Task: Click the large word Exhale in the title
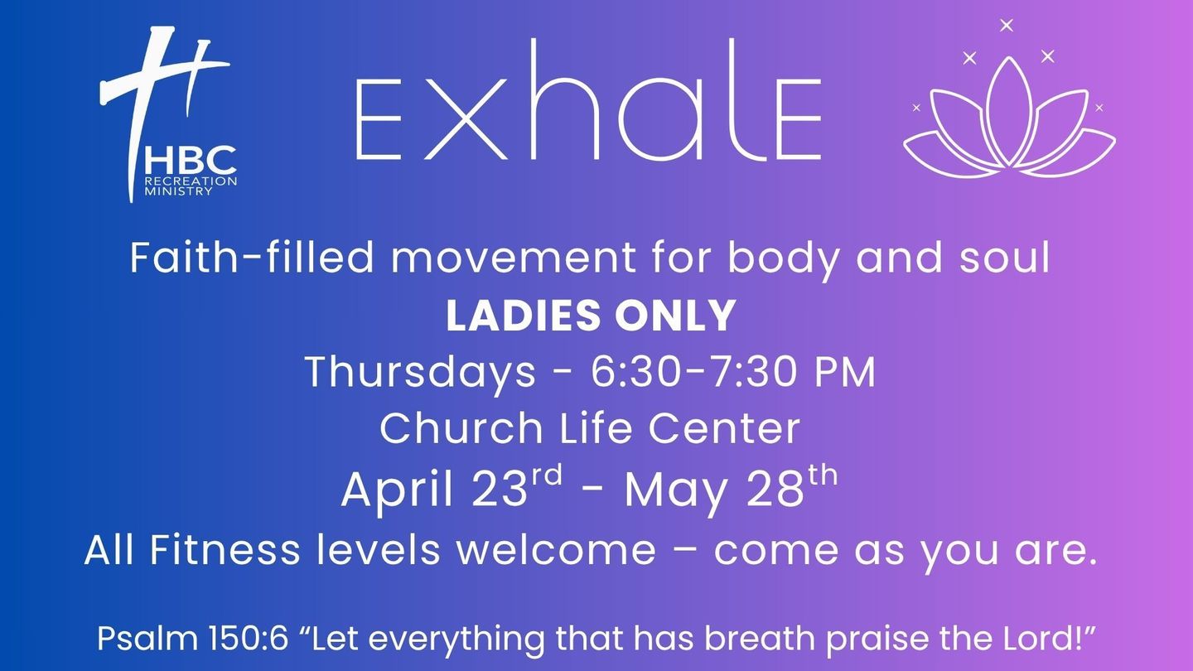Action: (588, 99)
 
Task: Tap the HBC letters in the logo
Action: (191, 160)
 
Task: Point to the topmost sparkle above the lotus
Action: (1006, 25)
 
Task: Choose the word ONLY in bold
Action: (675, 316)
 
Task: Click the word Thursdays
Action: (420, 373)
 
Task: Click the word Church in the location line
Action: (461, 428)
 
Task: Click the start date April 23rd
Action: (452, 486)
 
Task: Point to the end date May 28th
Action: (731, 487)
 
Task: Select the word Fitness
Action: (225, 549)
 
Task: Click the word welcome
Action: (556, 549)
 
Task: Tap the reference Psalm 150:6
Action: (192, 638)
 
